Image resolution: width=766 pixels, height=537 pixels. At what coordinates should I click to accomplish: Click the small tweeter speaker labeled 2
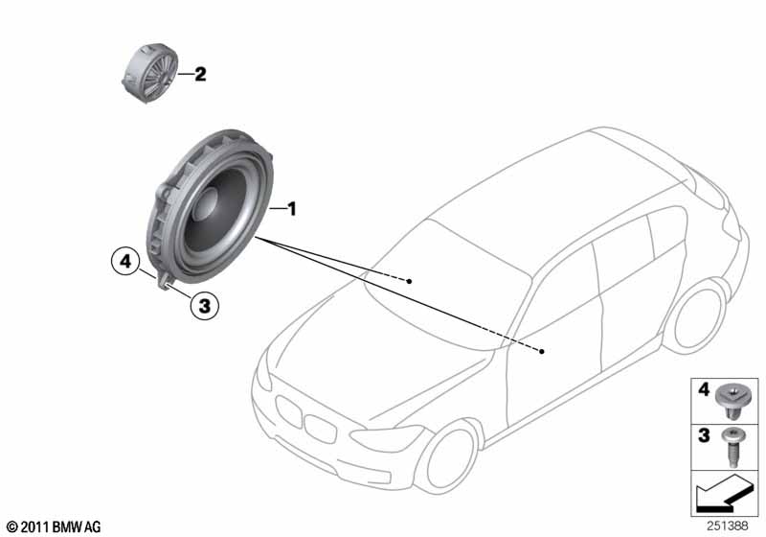point(148,70)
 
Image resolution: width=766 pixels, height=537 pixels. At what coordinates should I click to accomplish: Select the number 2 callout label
point(200,74)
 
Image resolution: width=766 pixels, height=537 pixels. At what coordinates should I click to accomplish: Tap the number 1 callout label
point(294,208)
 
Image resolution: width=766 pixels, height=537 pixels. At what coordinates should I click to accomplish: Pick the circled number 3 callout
point(204,306)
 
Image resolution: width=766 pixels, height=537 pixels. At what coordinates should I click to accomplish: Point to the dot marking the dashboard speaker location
point(409,281)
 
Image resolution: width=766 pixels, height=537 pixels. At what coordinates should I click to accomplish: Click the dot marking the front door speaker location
point(542,352)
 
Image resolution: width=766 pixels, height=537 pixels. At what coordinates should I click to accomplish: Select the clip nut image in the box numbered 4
point(733,397)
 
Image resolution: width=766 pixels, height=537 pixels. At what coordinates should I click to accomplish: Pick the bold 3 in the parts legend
point(703,435)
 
